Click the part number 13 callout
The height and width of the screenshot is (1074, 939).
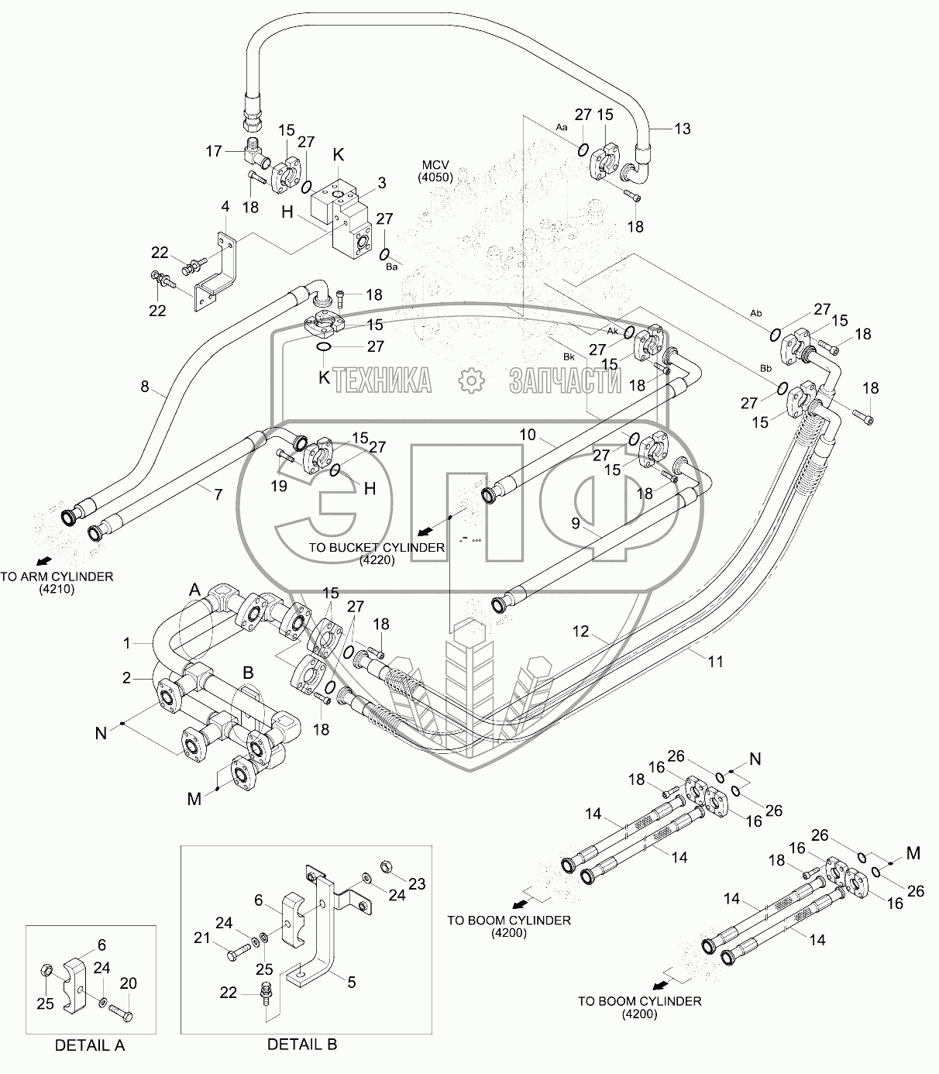682,129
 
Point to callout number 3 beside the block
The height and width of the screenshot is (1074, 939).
381,184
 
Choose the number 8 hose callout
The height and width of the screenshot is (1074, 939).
145,385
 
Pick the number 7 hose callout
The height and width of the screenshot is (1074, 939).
218,493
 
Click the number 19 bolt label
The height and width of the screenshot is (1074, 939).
279,486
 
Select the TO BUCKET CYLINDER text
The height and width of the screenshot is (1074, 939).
377,552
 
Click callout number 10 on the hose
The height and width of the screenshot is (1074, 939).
528,435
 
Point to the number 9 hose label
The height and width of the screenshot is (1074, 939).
575,524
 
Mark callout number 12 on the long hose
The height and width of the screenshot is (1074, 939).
581,632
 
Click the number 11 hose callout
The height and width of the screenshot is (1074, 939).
716,661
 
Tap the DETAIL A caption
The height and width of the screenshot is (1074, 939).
90,1045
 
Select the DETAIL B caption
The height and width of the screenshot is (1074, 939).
302,1044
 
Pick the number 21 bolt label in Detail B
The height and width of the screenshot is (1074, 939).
201,938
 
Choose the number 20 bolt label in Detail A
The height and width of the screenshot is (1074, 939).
129,983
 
